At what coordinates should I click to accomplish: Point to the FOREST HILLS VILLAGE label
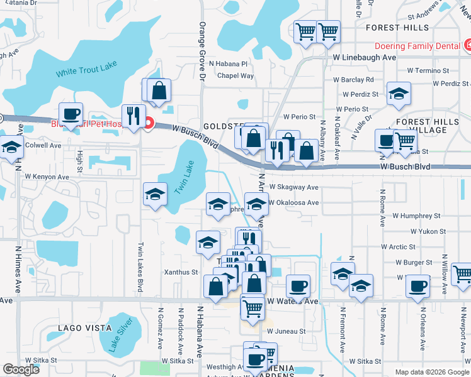(422, 126)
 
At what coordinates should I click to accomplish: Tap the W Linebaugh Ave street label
(364, 57)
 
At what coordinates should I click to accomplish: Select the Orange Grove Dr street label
(202, 53)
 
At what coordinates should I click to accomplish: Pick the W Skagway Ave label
(294, 187)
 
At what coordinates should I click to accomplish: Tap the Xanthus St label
(181, 273)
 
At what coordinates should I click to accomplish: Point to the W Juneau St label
(286, 331)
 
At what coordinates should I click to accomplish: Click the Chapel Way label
(235, 76)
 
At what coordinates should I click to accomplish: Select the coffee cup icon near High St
(71, 113)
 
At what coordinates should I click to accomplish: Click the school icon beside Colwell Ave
(11, 148)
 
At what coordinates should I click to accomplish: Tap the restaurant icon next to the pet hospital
(133, 115)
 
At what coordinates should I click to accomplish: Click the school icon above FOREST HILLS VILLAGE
(398, 93)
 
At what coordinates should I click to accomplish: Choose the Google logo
(21, 369)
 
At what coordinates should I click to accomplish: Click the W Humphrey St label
(418, 216)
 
